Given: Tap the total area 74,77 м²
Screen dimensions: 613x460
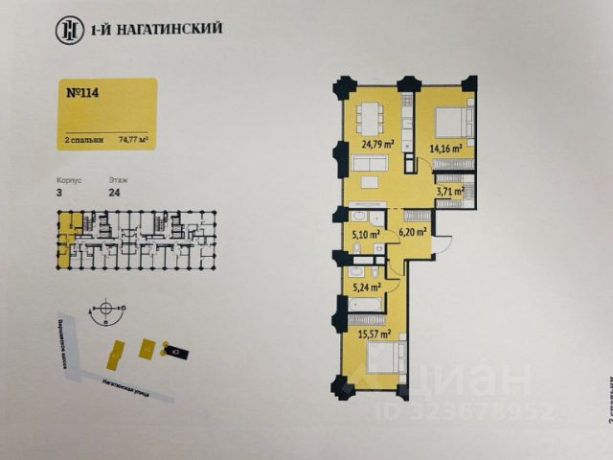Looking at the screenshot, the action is [132, 139].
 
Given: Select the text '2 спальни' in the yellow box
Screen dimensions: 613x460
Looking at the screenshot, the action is [83, 139].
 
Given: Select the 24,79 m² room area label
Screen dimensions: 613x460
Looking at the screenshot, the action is [377, 146].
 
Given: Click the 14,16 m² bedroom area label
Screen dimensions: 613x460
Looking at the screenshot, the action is [445, 148].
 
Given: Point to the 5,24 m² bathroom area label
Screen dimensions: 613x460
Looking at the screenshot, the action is [367, 285].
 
